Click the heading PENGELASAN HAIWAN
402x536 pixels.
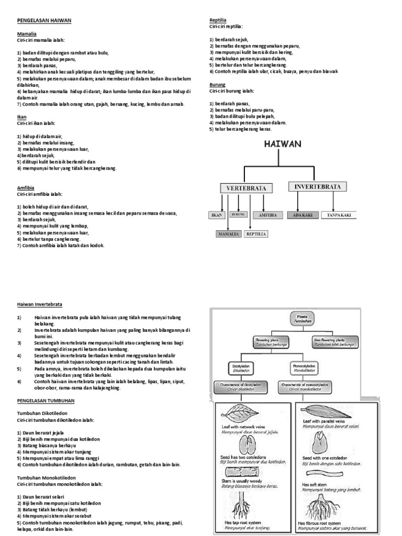[44, 20]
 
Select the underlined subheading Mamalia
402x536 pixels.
[26, 33]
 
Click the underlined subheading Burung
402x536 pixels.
[217, 84]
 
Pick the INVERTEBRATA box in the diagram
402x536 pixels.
[317, 186]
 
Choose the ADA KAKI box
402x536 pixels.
[303, 215]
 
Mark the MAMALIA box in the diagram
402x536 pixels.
[229, 234]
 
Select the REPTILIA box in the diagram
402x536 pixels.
[256, 234]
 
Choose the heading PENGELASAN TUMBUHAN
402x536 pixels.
[46, 400]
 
